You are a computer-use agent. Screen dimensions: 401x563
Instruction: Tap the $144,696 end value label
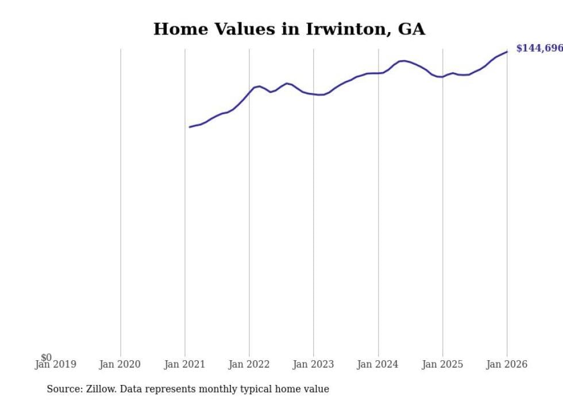tap(539, 48)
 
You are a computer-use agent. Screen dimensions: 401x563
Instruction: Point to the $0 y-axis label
tap(46, 357)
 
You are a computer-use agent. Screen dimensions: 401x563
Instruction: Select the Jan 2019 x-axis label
tap(55, 364)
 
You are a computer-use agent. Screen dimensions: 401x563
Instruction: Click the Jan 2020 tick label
tap(119, 364)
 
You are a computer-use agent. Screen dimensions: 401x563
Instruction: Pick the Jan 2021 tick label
tap(184, 364)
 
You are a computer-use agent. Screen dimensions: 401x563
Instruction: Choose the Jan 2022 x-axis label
tap(249, 364)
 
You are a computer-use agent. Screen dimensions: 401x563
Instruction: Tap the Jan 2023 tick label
tap(313, 364)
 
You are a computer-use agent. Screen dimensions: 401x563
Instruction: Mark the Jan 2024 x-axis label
tap(377, 364)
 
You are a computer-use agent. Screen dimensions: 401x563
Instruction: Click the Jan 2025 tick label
tap(442, 364)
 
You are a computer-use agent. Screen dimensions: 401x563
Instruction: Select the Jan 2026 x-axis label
tap(506, 364)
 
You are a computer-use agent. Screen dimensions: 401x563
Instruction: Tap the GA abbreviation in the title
tap(411, 29)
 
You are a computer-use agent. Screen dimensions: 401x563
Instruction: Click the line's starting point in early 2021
tap(190, 127)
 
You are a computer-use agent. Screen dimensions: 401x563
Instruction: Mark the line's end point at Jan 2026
tap(507, 52)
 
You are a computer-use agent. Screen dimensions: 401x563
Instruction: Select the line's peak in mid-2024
tap(403, 60)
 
